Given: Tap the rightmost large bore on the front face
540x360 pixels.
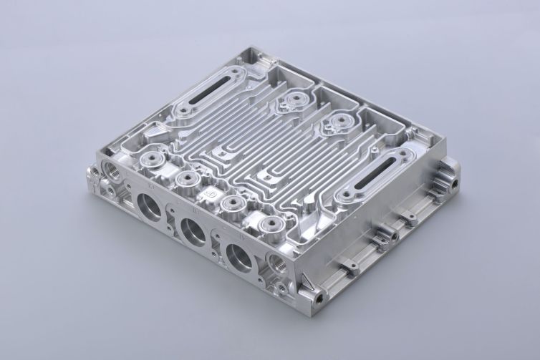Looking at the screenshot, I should [238, 256].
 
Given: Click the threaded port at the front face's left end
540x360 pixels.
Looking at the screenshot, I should [112, 170].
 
